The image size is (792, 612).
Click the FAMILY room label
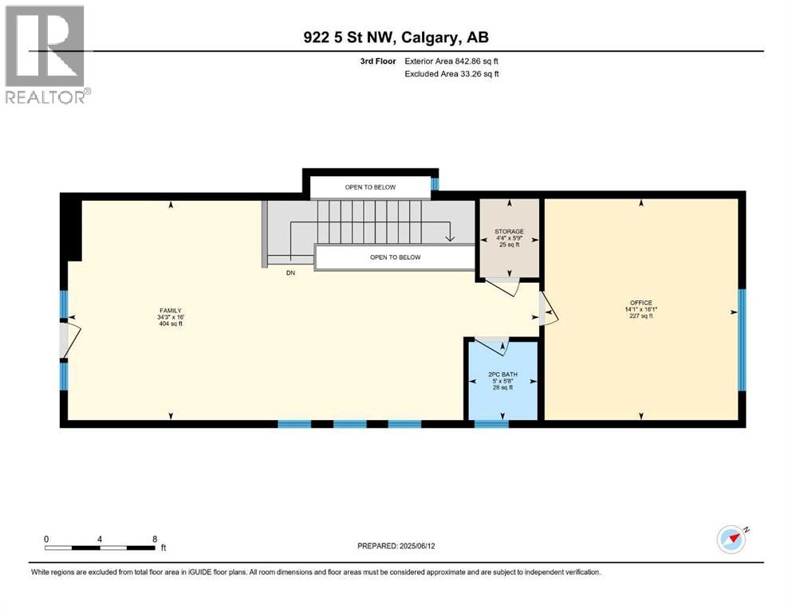[x=169, y=311]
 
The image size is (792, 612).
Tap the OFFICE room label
[x=640, y=303]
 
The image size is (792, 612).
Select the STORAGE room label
[x=509, y=232]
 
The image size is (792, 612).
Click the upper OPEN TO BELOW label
[x=370, y=187]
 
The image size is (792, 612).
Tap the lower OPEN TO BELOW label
[x=394, y=257]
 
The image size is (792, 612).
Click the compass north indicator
[x=731, y=539]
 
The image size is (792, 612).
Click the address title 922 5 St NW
[x=396, y=38]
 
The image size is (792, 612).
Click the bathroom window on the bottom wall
[x=491, y=424]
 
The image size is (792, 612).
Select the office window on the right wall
[x=742, y=339]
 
